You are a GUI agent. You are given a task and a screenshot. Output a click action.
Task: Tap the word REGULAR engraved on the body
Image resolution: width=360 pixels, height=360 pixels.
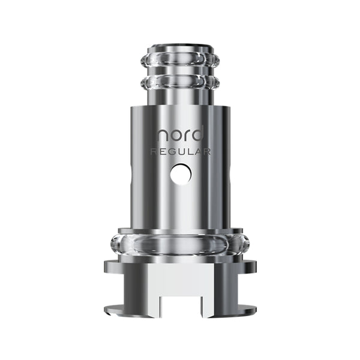pyautogui.click(x=180, y=152)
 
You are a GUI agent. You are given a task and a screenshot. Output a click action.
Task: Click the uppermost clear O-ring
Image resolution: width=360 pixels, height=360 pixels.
pyautogui.click(x=180, y=61)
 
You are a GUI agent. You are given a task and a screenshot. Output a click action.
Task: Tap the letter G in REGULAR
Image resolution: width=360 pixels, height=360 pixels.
pyautogui.click(x=171, y=152)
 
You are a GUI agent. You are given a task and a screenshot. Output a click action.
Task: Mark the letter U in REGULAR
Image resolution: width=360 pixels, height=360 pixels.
pyautogui.click(x=182, y=152)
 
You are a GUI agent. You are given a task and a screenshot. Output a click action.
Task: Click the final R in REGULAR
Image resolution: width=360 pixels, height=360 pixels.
pyautogui.click(x=206, y=152)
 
